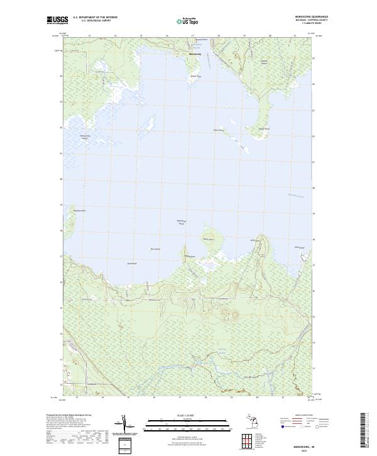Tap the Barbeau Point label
[x=79, y=211]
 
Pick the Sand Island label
[x=132, y=264]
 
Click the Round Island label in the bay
[x=207, y=239]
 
